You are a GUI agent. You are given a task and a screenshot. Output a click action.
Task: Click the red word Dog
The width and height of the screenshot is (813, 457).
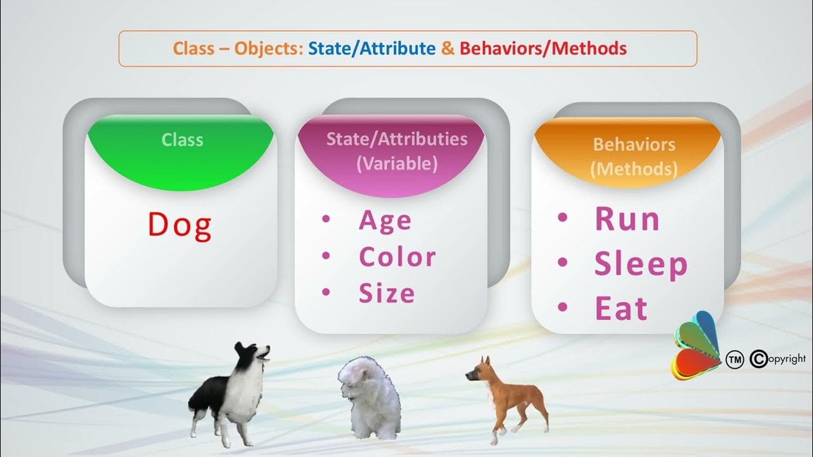pos(180,225)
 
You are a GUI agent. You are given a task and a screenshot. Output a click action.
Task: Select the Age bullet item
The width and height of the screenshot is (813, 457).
pos(385,221)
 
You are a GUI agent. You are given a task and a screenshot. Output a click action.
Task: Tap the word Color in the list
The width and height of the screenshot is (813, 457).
pos(397,257)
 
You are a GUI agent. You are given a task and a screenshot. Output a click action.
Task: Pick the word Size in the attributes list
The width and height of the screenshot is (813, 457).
pos(387,293)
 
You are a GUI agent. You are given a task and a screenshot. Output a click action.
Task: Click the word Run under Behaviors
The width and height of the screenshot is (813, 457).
pos(627,219)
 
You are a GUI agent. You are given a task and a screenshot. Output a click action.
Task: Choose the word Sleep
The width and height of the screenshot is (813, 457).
pos(641,265)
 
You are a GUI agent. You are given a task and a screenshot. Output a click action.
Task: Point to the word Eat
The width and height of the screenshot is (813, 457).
pos(621,308)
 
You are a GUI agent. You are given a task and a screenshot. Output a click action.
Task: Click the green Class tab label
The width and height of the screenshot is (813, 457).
pos(182,140)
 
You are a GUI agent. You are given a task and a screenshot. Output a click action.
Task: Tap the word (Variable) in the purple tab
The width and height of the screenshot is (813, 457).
pos(397,164)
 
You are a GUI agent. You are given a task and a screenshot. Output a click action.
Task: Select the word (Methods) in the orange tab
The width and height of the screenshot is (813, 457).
pos(633,169)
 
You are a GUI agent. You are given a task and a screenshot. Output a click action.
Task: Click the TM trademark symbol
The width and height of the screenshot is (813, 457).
pos(734,360)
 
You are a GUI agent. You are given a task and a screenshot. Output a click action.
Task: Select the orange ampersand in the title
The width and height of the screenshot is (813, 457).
pos(448,48)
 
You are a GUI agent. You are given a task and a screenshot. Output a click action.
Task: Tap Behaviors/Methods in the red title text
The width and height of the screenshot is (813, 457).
pos(543,48)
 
